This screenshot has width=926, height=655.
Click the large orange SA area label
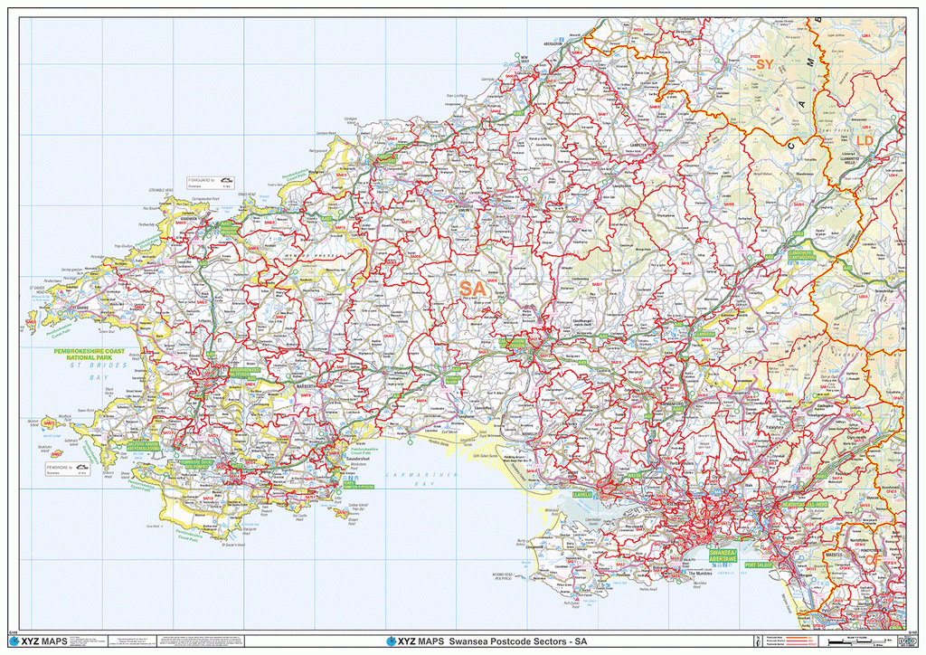click(471, 288)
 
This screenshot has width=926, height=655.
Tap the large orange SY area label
click(765, 64)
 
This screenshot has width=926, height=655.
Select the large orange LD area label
click(865, 142)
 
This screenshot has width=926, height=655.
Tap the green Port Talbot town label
click(758, 565)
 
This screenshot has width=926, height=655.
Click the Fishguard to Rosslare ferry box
click(211, 182)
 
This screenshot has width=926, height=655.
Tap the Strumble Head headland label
click(162, 191)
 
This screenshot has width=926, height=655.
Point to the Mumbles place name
click(702, 573)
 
